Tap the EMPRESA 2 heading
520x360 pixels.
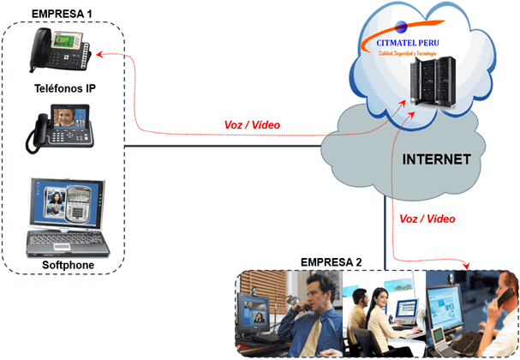click(331, 261)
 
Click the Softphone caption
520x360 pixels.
click(68, 265)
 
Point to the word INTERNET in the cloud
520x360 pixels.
click(437, 159)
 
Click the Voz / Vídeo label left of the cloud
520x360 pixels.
click(252, 126)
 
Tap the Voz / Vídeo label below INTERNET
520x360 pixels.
click(427, 219)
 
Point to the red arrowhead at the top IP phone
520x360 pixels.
click(99, 55)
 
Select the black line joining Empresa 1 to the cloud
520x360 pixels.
click(223, 146)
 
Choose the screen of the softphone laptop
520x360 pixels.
click(67, 206)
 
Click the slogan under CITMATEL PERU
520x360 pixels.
click(408, 54)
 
